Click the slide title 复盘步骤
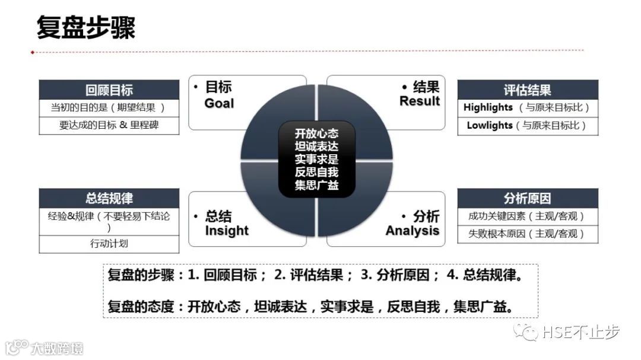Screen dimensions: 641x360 click(86, 27)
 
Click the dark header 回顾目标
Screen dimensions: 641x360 click(109, 90)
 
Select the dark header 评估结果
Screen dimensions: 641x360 click(527, 90)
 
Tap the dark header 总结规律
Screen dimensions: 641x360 click(109, 199)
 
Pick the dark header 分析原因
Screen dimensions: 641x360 click(527, 198)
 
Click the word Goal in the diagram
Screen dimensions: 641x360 click(219, 104)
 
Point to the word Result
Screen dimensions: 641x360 click(420, 101)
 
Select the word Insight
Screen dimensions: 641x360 click(227, 231)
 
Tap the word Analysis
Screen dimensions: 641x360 click(412, 231)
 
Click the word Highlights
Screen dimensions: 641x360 click(488, 107)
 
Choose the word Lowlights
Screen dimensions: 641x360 click(489, 126)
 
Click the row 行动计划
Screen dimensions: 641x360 click(109, 244)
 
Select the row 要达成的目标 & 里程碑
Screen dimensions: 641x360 click(109, 125)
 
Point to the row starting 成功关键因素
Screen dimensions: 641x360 click(527, 216)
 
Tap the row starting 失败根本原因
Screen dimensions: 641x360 click(527, 234)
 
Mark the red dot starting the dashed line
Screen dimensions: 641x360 click(33, 52)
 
